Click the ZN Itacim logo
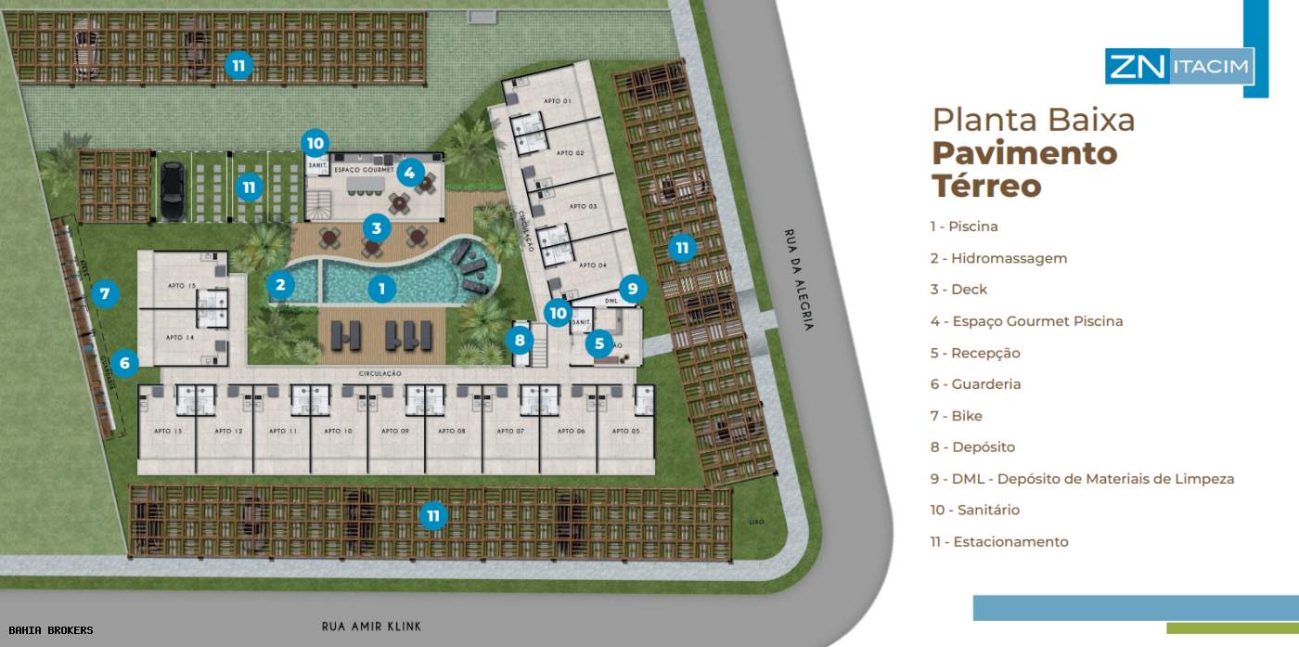pos(1179,67)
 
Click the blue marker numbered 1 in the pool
pos(381,289)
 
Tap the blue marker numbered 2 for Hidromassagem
pos(280,285)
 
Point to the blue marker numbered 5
pos(598,344)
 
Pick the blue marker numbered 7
pos(105,294)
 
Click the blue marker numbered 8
pos(520,340)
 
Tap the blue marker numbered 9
pos(632,288)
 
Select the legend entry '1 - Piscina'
pos(964,226)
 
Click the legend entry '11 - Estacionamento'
pos(999,542)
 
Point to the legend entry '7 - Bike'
pos(957,416)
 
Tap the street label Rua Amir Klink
pos(371,627)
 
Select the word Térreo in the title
pos(986,186)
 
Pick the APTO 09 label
pos(396,432)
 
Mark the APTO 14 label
pos(180,338)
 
